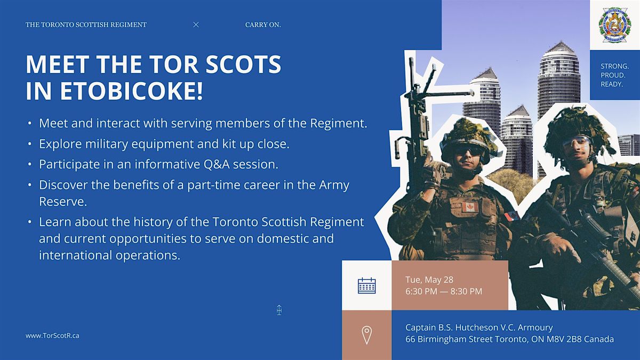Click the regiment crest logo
(x=615, y=26)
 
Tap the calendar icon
(x=367, y=285)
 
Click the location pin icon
(x=366, y=335)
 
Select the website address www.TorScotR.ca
(x=52, y=335)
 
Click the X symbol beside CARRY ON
(x=196, y=25)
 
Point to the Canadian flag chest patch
(x=470, y=206)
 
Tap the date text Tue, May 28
(x=429, y=279)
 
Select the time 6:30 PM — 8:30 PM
(x=444, y=291)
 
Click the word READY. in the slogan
(x=612, y=84)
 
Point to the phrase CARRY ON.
(x=263, y=25)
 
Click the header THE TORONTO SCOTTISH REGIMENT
(x=86, y=25)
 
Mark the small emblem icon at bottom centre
(x=279, y=310)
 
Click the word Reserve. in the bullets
(x=63, y=202)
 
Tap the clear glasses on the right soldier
(x=577, y=142)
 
